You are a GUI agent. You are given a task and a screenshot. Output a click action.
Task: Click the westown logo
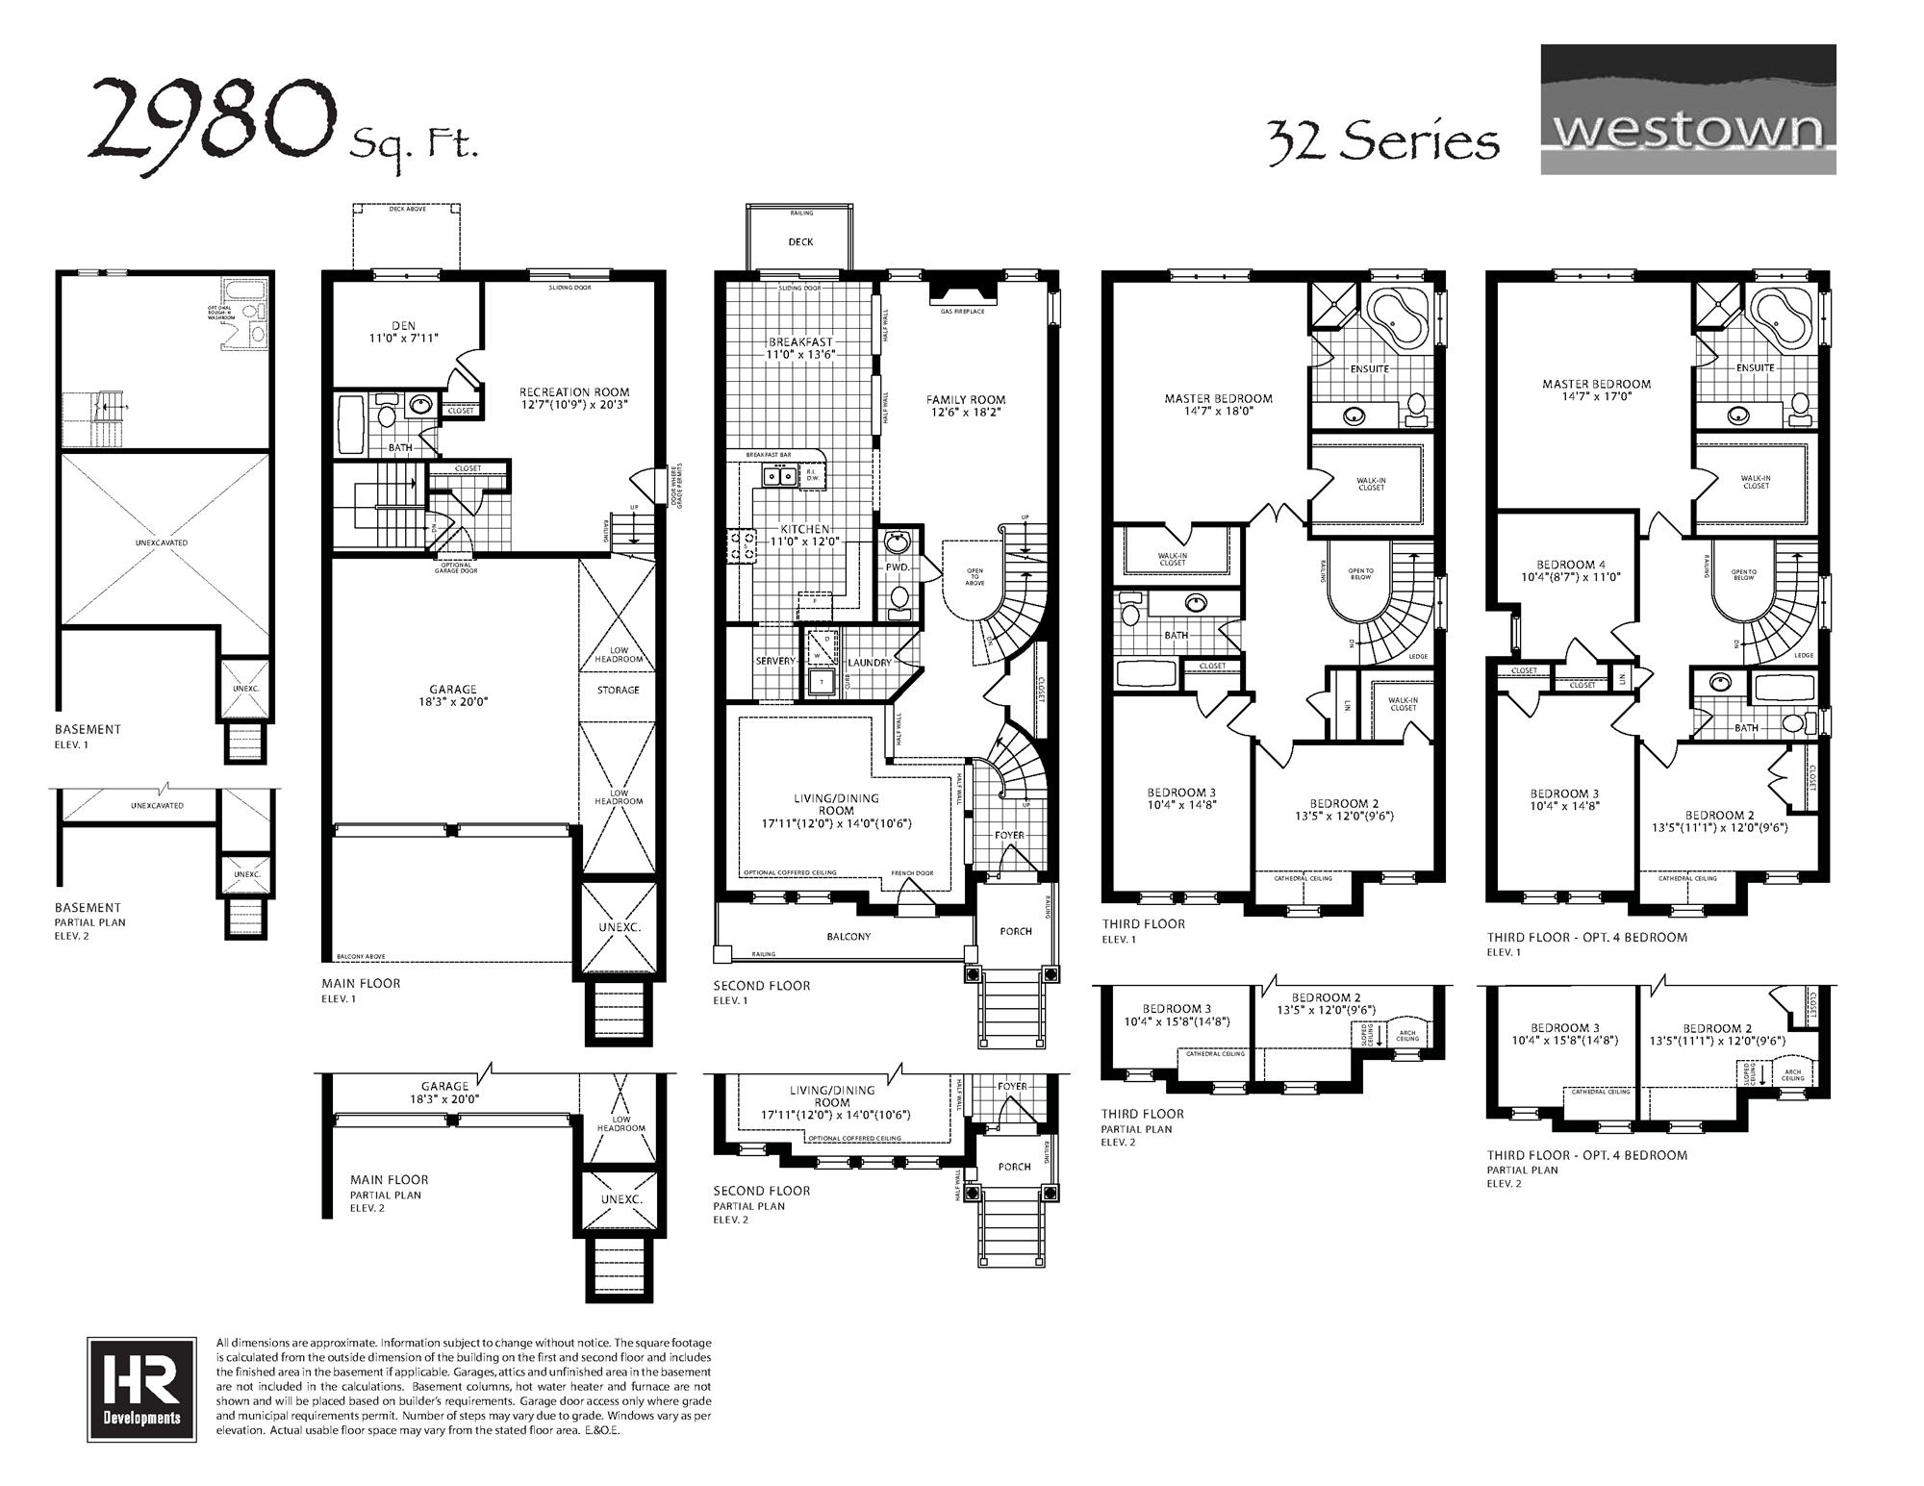click(1687, 110)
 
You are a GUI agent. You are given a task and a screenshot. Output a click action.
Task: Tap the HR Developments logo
click(140, 1389)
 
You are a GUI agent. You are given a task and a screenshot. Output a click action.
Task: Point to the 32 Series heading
click(1382, 141)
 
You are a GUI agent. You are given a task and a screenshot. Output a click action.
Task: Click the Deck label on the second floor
click(800, 242)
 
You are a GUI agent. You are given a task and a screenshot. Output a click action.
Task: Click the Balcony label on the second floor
click(848, 936)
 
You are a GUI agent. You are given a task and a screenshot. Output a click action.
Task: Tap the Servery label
click(774, 661)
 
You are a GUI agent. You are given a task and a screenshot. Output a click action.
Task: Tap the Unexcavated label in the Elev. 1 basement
click(162, 542)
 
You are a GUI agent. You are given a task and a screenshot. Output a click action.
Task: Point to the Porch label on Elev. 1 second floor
click(1015, 931)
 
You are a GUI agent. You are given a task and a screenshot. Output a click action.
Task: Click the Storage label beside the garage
click(618, 690)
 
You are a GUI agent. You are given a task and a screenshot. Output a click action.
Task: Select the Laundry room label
click(869, 663)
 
